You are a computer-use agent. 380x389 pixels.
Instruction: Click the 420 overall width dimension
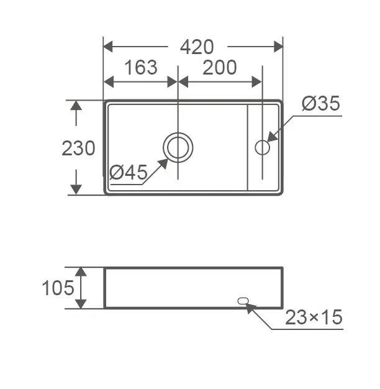click(x=197, y=47)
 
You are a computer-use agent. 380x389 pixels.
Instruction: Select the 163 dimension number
click(x=141, y=67)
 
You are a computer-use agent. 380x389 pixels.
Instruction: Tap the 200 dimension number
click(x=220, y=67)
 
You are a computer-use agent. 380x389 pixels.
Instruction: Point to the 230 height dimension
click(x=78, y=148)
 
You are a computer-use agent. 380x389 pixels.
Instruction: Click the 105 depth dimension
click(x=58, y=288)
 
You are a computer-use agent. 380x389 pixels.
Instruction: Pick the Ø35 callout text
click(x=321, y=103)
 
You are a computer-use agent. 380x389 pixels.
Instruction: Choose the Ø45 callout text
click(x=129, y=172)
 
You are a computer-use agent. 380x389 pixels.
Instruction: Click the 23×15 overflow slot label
click(x=314, y=317)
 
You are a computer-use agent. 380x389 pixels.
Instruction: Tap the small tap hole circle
click(x=262, y=140)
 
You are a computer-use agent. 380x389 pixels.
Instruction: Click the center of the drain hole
click(x=178, y=147)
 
